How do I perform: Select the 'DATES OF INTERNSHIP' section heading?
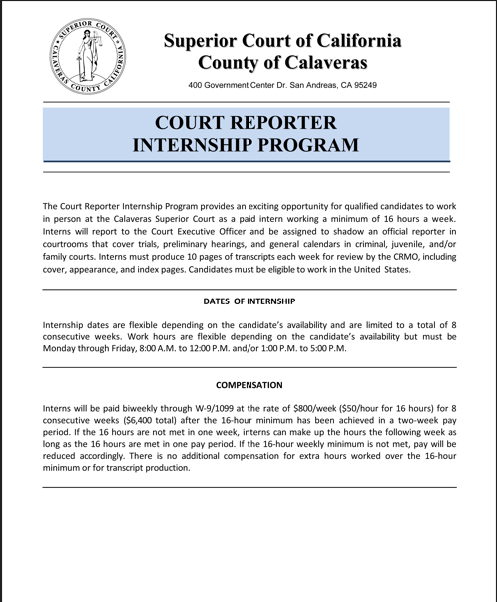(x=248, y=301)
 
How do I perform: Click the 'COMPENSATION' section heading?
(x=248, y=384)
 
